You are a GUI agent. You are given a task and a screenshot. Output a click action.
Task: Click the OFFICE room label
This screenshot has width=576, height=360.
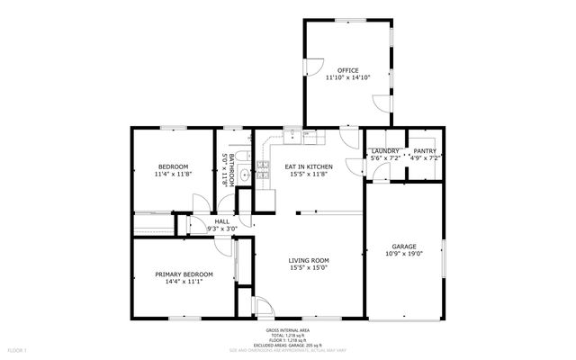tap(348, 70)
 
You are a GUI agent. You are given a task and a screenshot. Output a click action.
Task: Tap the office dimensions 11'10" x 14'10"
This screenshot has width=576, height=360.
tap(348, 78)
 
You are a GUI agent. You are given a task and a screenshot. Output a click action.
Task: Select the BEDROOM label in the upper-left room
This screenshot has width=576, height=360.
tap(173, 166)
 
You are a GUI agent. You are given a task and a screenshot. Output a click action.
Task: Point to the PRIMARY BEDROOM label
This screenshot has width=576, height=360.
tap(184, 274)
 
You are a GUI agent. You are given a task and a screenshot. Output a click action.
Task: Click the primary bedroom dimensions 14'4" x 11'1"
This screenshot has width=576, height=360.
tap(184, 282)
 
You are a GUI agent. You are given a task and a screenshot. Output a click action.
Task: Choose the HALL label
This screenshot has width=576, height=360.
tap(221, 221)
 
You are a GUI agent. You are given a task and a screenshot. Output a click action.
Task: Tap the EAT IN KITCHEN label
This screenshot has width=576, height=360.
tap(309, 166)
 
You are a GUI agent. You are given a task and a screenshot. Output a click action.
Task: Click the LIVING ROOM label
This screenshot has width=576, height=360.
tap(309, 260)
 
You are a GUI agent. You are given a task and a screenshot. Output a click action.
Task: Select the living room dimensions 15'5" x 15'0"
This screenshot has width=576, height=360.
tap(309, 268)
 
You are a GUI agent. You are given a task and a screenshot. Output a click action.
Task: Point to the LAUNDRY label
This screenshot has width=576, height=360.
tap(385, 150)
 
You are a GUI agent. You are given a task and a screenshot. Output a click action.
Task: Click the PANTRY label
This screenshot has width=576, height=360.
tap(425, 150)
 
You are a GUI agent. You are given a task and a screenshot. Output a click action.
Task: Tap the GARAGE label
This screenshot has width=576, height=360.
tap(403, 246)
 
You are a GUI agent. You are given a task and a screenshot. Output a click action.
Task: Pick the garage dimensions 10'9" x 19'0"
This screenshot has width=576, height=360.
tap(403, 254)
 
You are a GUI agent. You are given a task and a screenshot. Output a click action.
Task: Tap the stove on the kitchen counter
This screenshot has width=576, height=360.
tap(264, 165)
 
